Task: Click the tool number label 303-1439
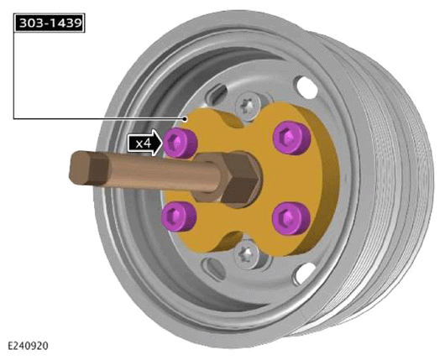tap(50, 23)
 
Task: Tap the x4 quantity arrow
tap(145, 143)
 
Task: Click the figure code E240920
tap(28, 346)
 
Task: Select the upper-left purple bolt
tap(181, 142)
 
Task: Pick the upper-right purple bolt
tap(291, 138)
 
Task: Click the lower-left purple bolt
tap(179, 217)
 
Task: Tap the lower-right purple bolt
tap(291, 218)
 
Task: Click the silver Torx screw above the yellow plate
tap(248, 106)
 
